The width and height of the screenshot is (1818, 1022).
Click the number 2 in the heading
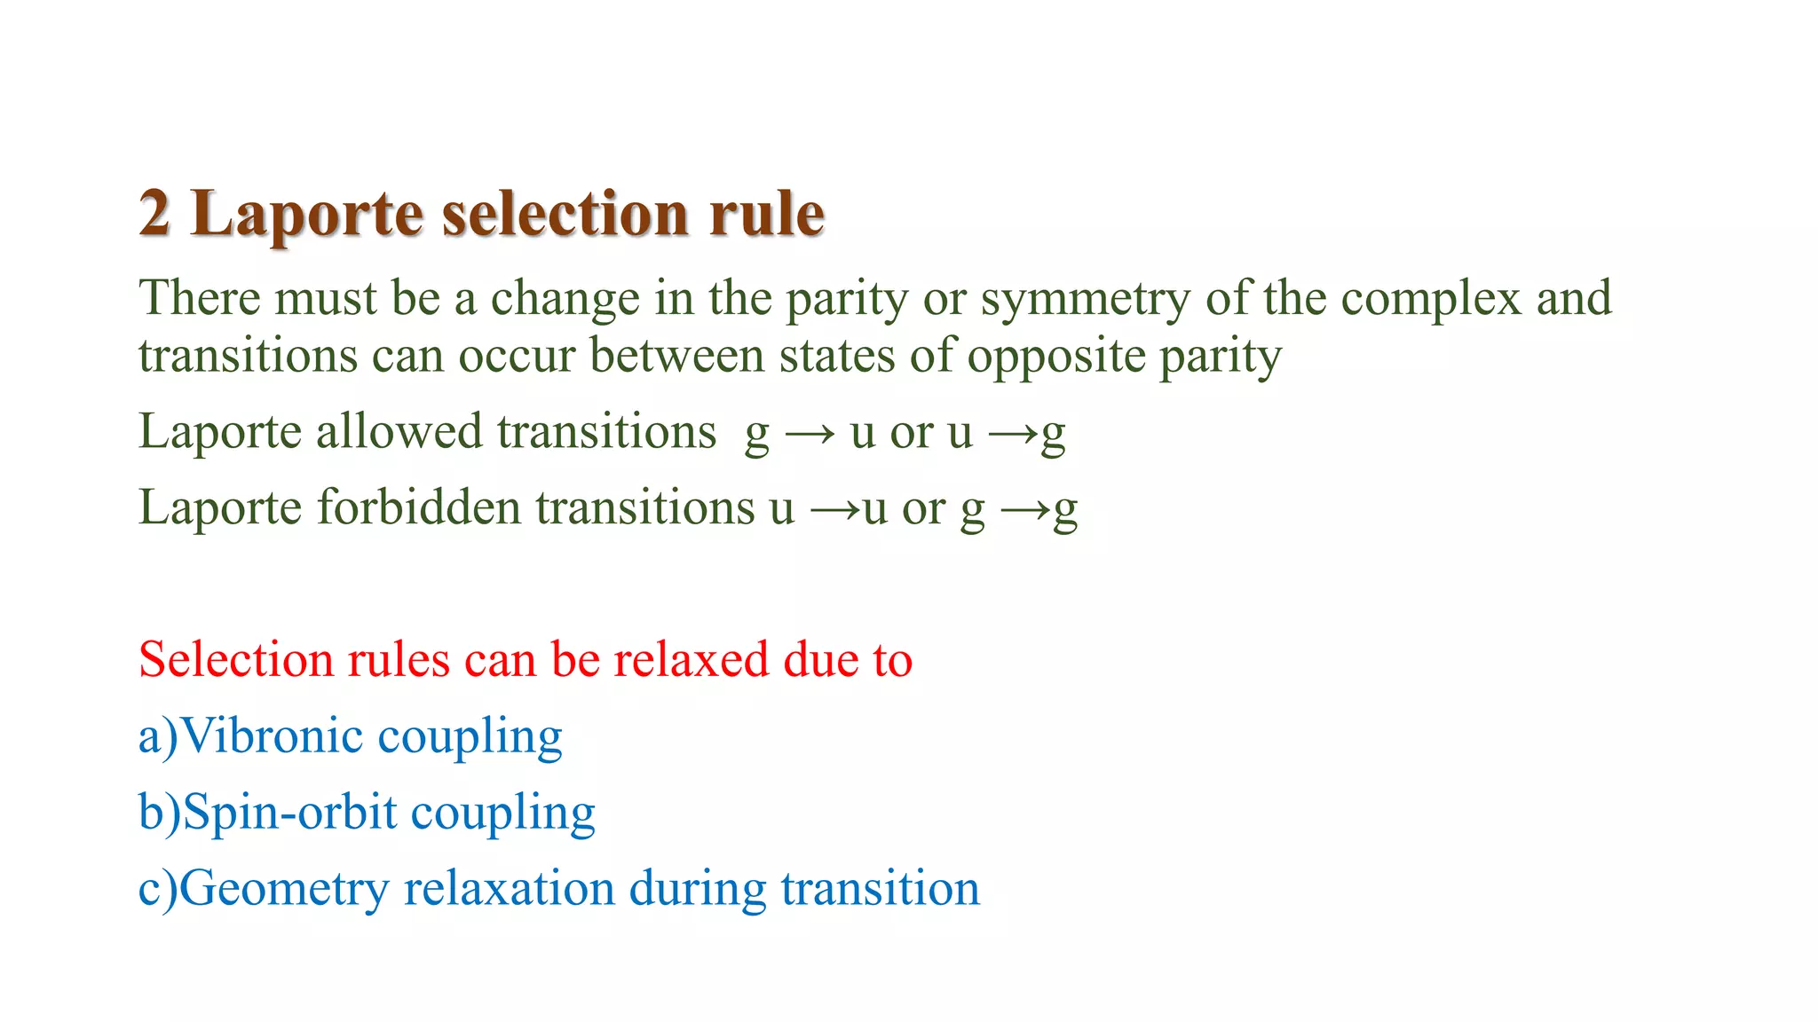click(154, 214)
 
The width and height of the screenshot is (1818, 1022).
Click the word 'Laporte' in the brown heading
click(307, 214)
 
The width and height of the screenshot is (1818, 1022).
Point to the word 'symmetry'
click(1085, 299)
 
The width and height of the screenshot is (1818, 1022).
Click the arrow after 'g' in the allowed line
click(810, 434)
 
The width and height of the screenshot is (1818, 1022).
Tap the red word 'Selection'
click(235, 660)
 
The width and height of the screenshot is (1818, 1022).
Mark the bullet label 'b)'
click(159, 813)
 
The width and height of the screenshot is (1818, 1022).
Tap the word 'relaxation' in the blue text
click(509, 889)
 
